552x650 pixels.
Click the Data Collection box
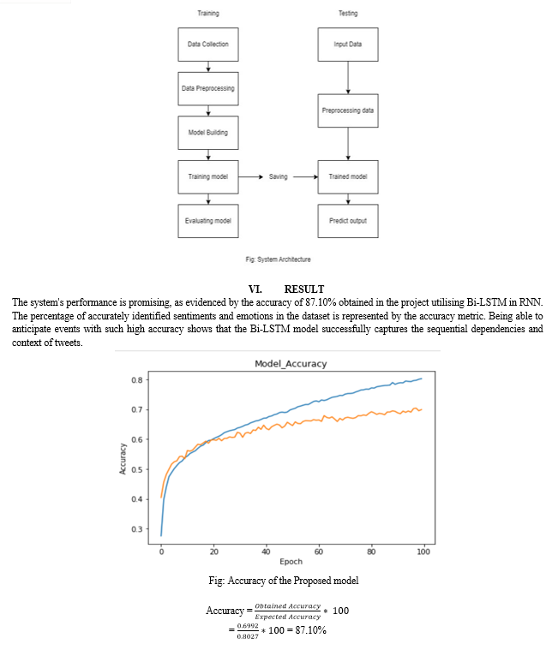pyautogui.click(x=208, y=45)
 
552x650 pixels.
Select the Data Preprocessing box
pyautogui.click(x=208, y=88)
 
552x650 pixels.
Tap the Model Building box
pyautogui.click(x=208, y=133)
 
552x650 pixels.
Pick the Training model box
pyautogui.click(x=208, y=176)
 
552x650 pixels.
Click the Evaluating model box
pyautogui.click(x=208, y=221)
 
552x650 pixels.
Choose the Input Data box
pyautogui.click(x=348, y=45)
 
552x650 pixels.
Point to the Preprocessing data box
pyautogui.click(x=348, y=110)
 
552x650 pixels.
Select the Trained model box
pyautogui.click(x=348, y=176)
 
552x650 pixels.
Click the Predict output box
pyautogui.click(x=348, y=221)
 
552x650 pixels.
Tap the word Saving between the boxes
pyautogui.click(x=278, y=177)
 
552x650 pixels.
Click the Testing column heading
pyautogui.click(x=348, y=14)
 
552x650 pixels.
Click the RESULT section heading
pyautogui.click(x=303, y=289)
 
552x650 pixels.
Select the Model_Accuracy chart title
pyautogui.click(x=291, y=364)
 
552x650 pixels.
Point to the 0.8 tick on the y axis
pyautogui.click(x=136, y=380)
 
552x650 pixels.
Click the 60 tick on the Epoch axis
pyautogui.click(x=319, y=552)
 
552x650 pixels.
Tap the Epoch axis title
pyautogui.click(x=291, y=563)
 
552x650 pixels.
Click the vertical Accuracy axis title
pyautogui.click(x=123, y=457)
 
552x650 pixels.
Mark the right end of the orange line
pyautogui.click(x=422, y=409)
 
